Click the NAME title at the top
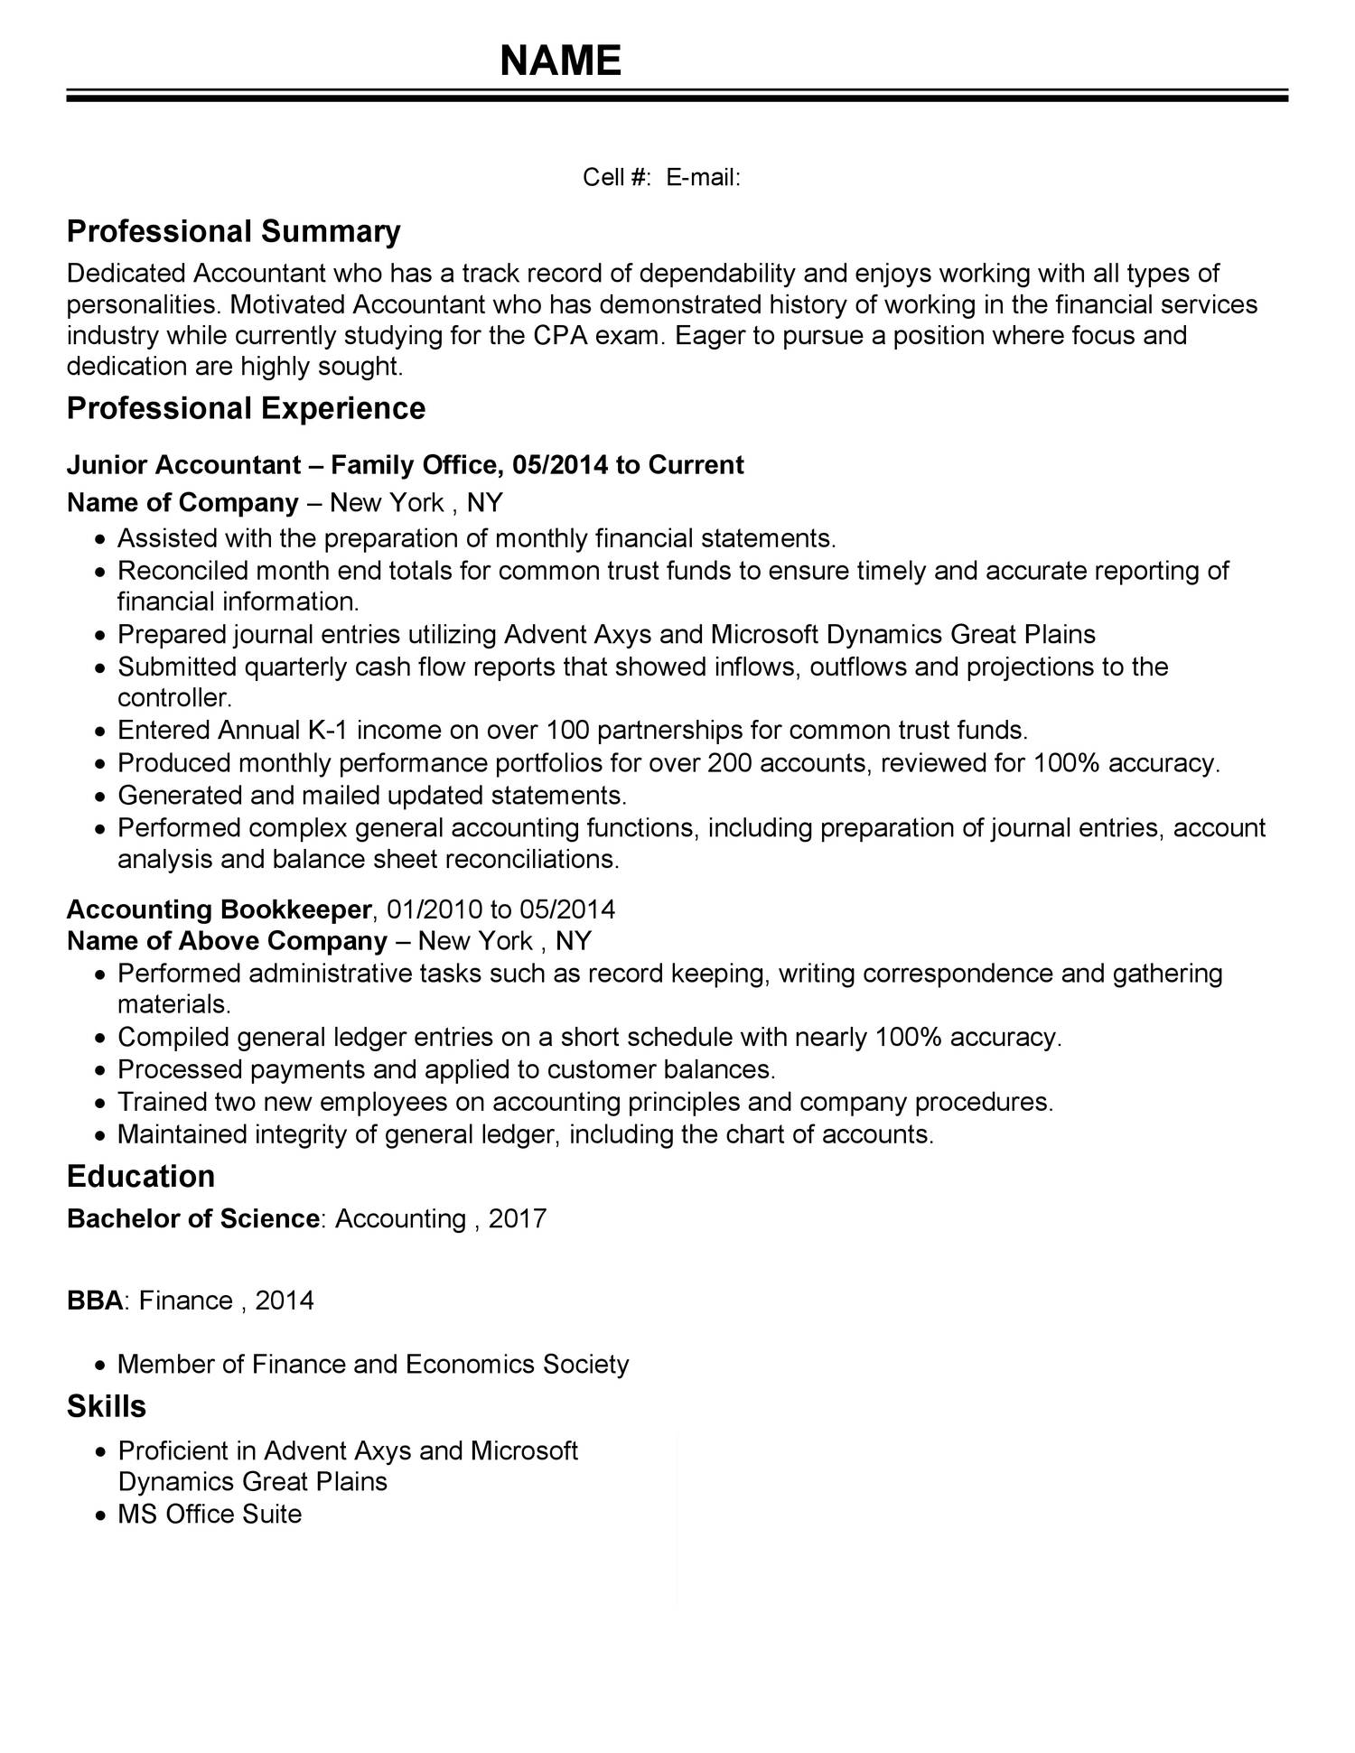coord(561,61)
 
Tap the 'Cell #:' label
coord(616,177)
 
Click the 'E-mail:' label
coord(704,177)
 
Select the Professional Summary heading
coord(233,231)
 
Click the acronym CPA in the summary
coord(561,335)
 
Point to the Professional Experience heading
coord(246,408)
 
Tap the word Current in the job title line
coord(696,465)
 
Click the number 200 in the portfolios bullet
coord(730,763)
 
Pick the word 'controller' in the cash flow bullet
coord(173,698)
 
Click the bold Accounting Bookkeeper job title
coord(220,909)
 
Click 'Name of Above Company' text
coord(227,941)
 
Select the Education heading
coord(141,1177)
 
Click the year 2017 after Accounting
coord(518,1219)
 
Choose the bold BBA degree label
coord(95,1301)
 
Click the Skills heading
coord(107,1406)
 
